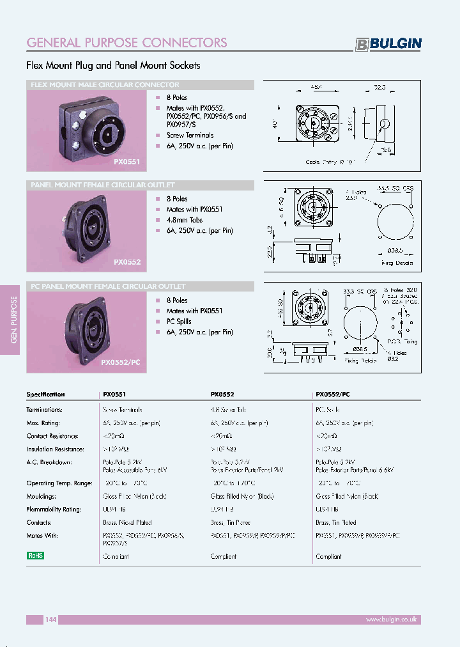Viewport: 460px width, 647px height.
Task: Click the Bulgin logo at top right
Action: click(388, 43)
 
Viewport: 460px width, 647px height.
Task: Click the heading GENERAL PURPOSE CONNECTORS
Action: click(126, 43)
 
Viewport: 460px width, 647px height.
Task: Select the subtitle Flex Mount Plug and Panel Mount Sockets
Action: click(113, 65)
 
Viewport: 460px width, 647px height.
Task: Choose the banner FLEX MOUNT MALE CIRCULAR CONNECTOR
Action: click(105, 85)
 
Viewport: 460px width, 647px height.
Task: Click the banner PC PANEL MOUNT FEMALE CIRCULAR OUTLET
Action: click(109, 286)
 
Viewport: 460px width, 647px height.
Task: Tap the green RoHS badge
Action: click(35, 556)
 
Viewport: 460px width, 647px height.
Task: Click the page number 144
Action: click(51, 620)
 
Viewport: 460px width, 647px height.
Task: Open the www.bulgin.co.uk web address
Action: click(391, 620)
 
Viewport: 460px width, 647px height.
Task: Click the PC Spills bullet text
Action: click(179, 322)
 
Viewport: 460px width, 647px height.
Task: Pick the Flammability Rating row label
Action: click(54, 510)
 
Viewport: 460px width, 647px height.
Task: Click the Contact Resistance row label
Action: click(55, 436)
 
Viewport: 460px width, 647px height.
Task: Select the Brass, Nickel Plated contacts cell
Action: click(127, 523)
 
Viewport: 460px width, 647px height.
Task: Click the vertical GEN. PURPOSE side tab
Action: click(14, 320)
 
